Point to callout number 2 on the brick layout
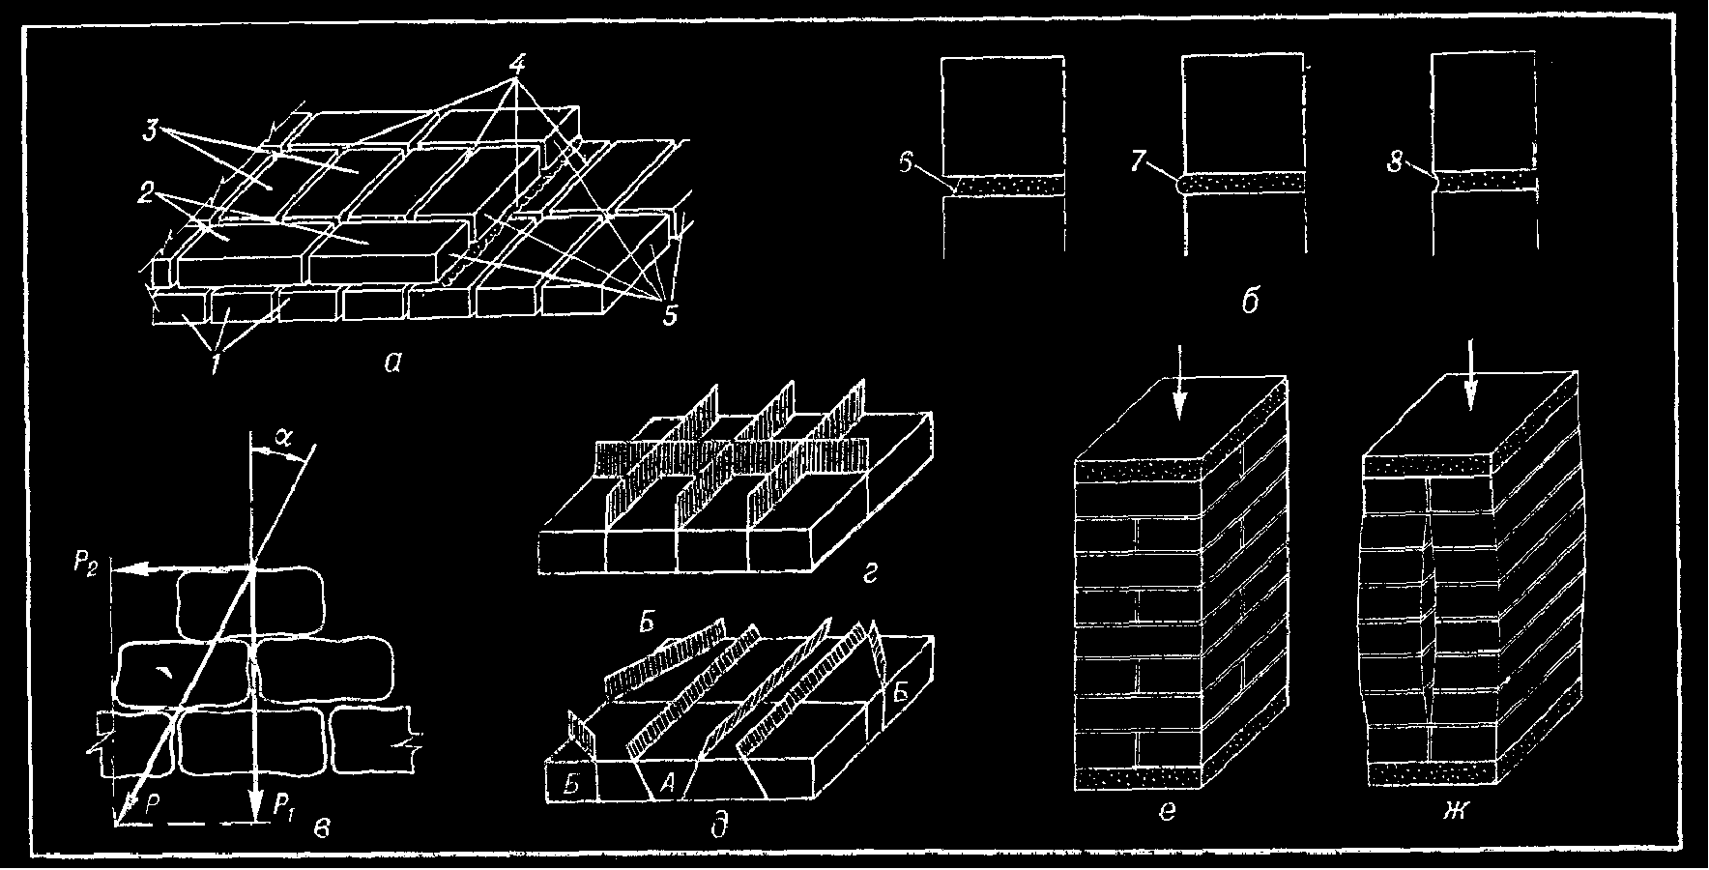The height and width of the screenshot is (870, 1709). coord(144,190)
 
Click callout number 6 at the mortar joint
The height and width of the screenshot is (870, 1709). coord(906,163)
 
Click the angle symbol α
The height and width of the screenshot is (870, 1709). coord(281,436)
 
